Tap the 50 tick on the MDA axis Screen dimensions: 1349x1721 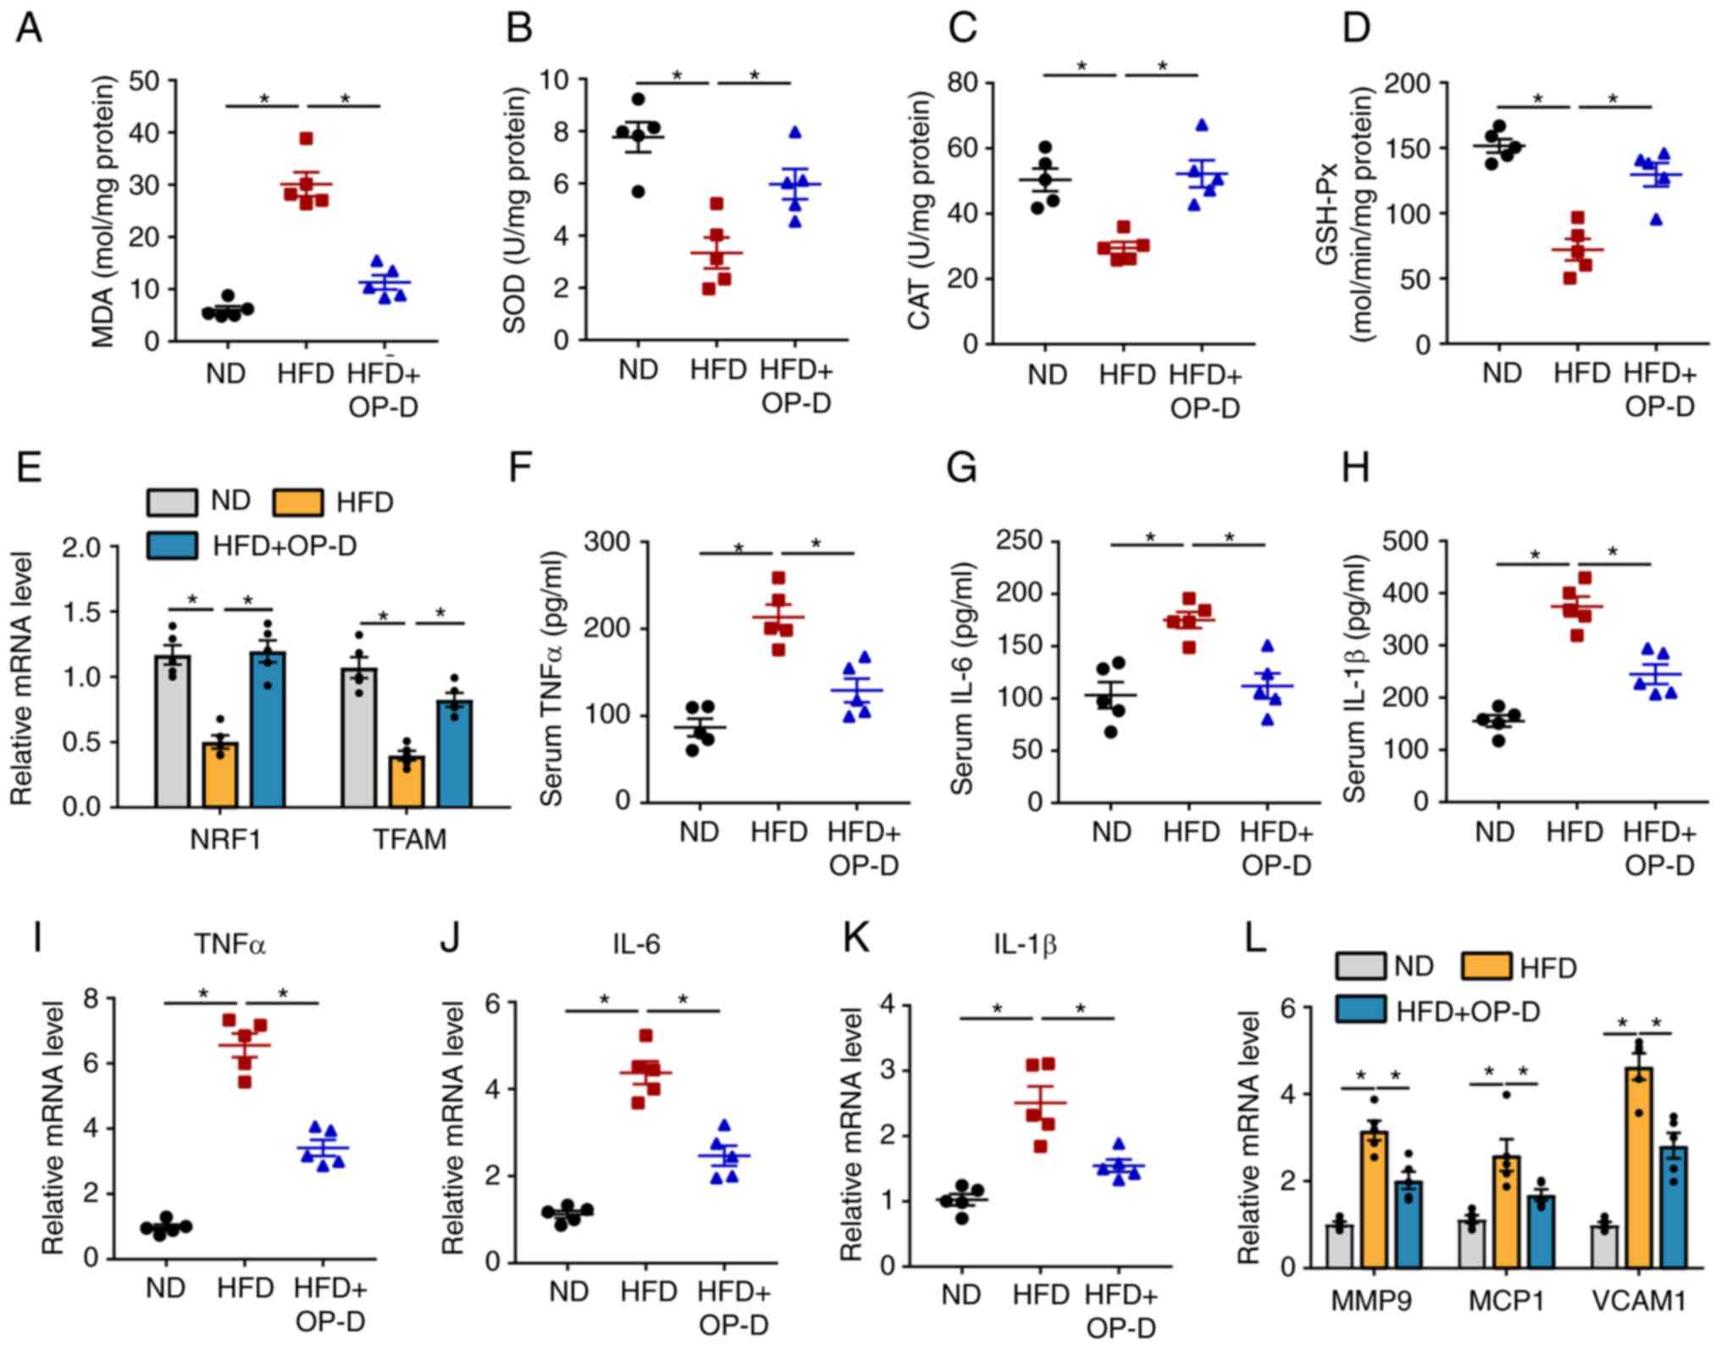coord(144,80)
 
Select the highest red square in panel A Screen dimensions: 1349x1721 coord(306,139)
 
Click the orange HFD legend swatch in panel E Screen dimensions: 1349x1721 coord(297,502)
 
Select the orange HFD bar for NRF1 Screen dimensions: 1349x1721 coord(220,775)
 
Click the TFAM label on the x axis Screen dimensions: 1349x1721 coord(410,839)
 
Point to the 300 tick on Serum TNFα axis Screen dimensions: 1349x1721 coord(607,541)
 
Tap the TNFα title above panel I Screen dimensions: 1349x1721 coord(230,944)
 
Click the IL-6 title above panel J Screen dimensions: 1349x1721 coord(636,944)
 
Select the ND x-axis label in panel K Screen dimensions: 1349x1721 coord(960,1295)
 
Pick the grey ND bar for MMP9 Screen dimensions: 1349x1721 coord(1339,1246)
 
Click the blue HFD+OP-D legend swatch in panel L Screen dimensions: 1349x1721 coord(1360,1009)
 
